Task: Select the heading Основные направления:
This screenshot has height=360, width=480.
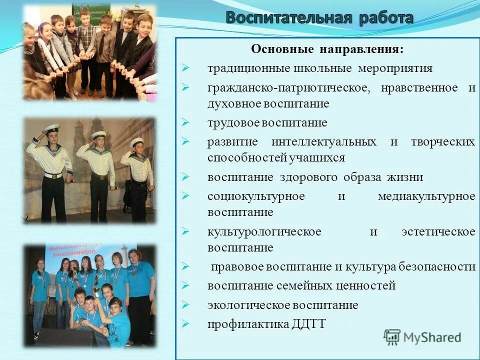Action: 327,49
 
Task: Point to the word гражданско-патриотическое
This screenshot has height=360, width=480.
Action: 289,88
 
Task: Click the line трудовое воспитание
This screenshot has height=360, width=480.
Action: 267,122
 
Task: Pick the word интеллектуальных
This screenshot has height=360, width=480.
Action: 324,141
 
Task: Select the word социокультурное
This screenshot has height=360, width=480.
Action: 256,196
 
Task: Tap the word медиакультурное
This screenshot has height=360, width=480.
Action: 426,196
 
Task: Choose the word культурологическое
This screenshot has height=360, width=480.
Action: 264,232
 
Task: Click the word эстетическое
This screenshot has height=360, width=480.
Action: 438,232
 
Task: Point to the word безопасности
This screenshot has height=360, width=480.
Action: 437,266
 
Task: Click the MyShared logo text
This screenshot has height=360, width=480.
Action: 432,337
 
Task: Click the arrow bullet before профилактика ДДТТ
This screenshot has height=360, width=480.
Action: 185,324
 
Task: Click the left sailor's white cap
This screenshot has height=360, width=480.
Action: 51,128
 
